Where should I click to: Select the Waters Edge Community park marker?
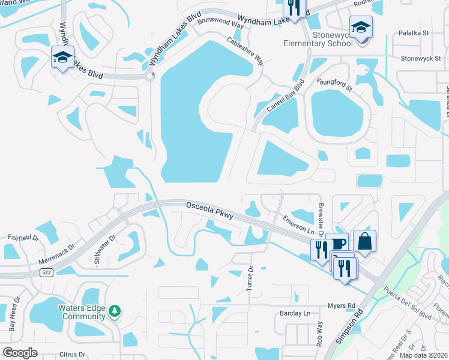115,311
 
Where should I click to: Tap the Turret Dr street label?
251,279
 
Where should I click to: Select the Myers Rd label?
342,305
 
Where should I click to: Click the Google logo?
20,353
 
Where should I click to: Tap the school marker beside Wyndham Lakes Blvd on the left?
62,57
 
